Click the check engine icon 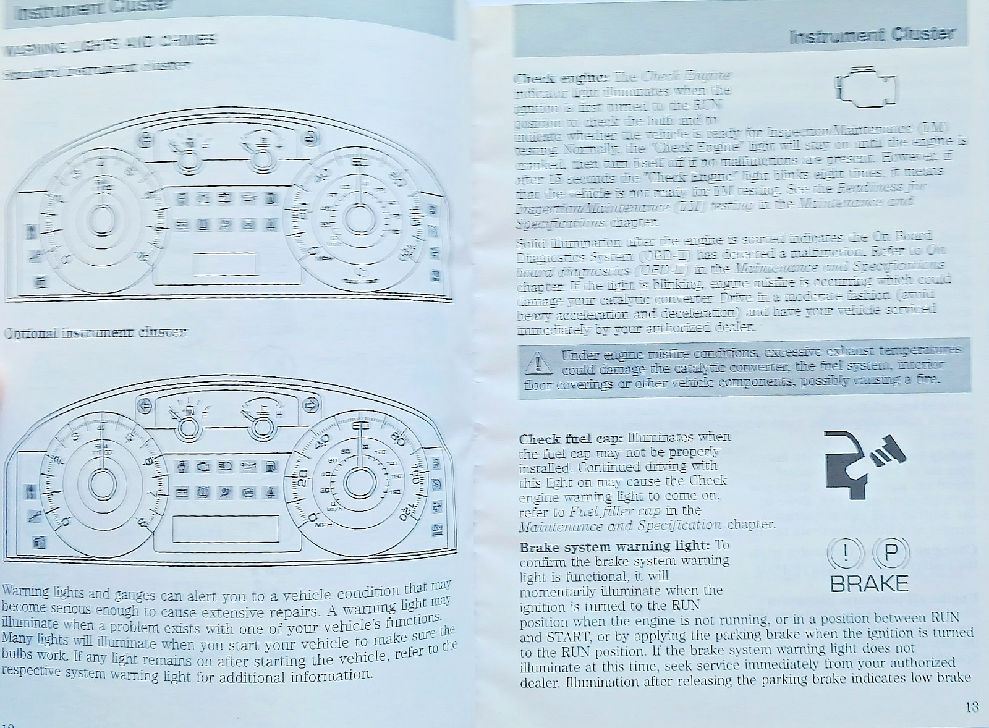click(865, 87)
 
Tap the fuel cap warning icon click(864, 463)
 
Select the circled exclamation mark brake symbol click(845, 552)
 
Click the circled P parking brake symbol click(891, 552)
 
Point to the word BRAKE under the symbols click(869, 583)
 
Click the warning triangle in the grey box click(538, 363)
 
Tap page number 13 click(972, 707)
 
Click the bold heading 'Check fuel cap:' click(571, 439)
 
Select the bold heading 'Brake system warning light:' click(614, 547)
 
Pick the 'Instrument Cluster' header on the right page click(872, 35)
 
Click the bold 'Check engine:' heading click(561, 78)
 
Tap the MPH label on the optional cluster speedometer click(324, 525)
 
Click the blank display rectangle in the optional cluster click(225, 529)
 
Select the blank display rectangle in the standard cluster click(225, 264)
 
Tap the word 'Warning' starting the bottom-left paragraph click(25, 591)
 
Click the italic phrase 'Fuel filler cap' click(615, 511)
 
